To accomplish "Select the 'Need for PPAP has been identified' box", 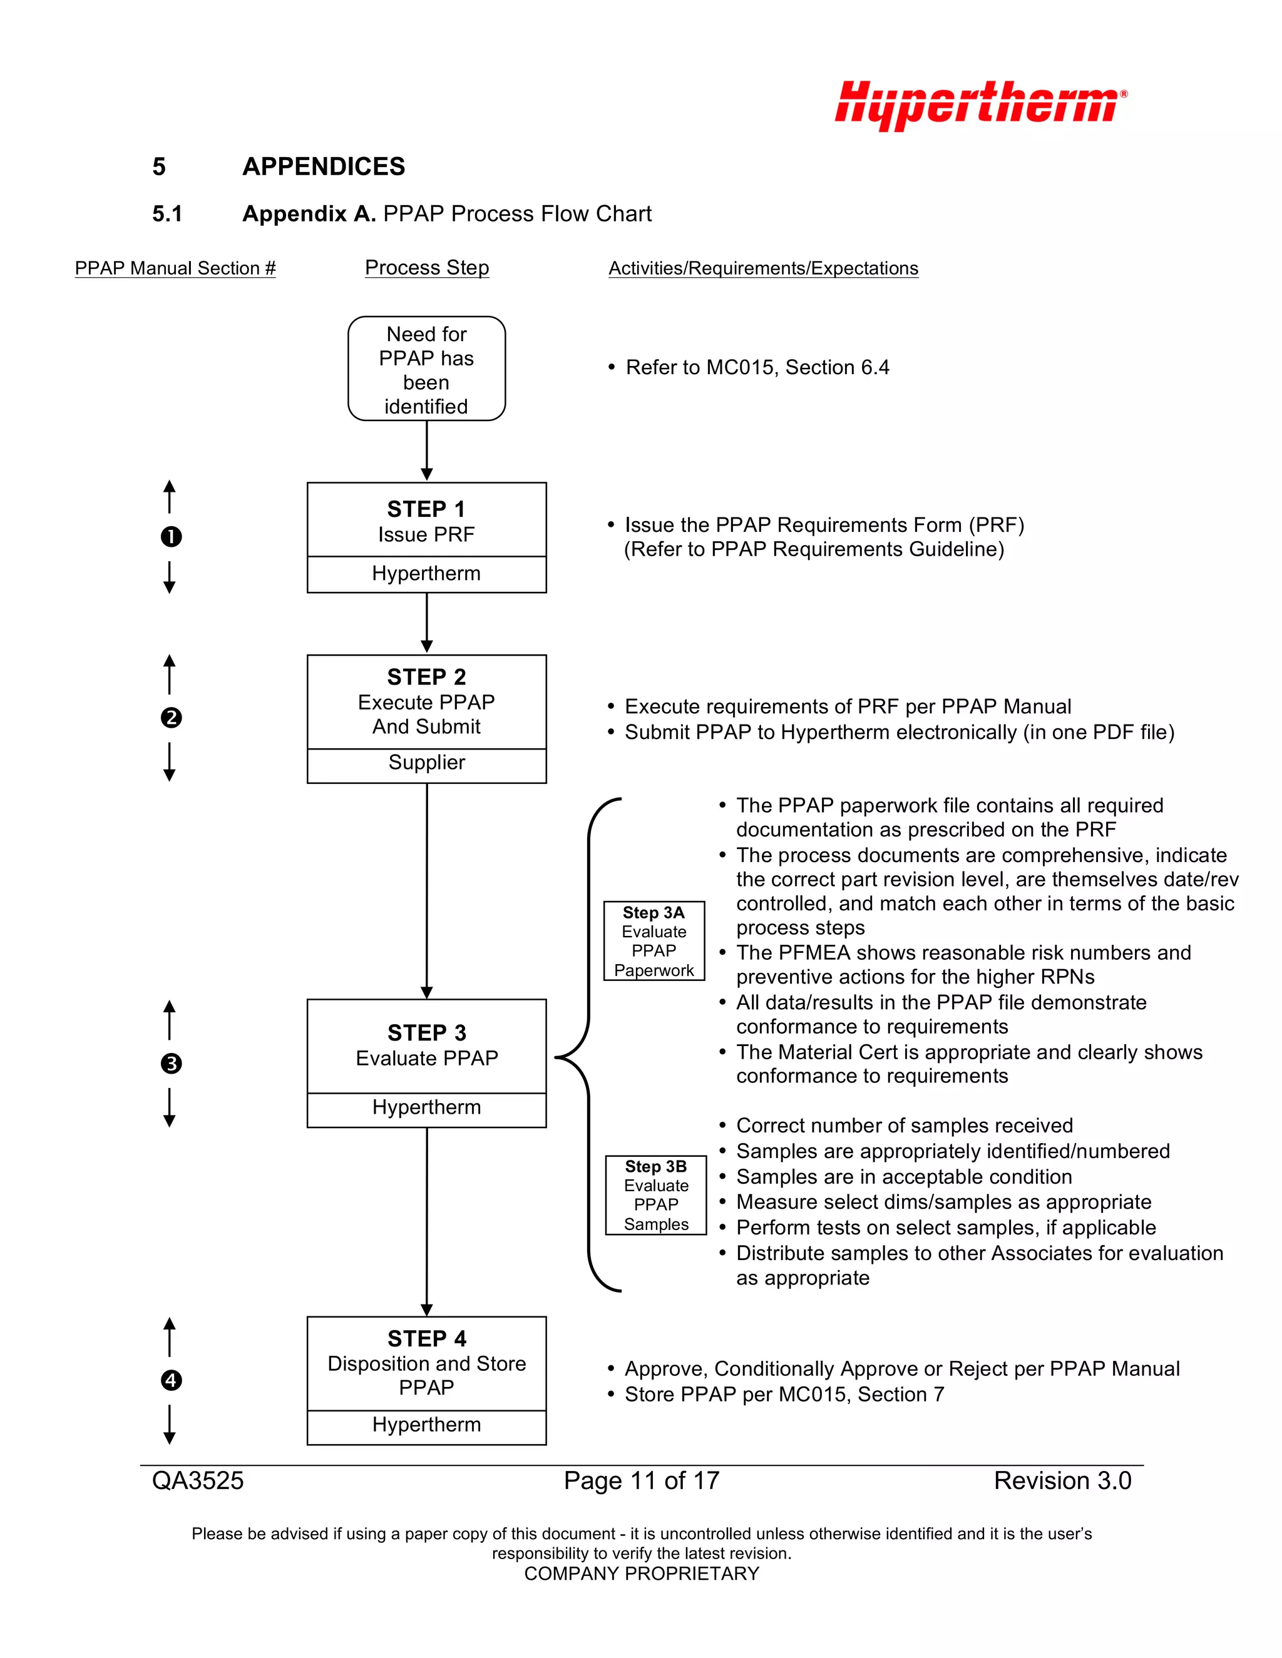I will coord(426,369).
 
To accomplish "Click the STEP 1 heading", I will coord(426,509).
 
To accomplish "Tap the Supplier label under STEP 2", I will coord(426,762).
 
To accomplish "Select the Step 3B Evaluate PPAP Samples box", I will coord(655,1195).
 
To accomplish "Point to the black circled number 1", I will coord(171,537).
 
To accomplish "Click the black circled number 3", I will coord(171,1064).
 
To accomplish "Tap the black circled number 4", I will coord(171,1380).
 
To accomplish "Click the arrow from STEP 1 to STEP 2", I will coord(427,623).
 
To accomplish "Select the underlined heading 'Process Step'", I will coord(427,267).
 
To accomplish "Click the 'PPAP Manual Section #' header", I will coord(175,268).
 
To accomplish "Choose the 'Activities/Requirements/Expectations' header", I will coord(763,268).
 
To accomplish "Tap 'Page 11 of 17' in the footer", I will coord(641,1480).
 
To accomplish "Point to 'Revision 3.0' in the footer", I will coord(1062,1480).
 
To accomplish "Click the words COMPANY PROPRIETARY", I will coord(641,1574).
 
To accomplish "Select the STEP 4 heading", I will coord(427,1338).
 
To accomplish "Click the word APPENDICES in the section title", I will coord(324,166).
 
